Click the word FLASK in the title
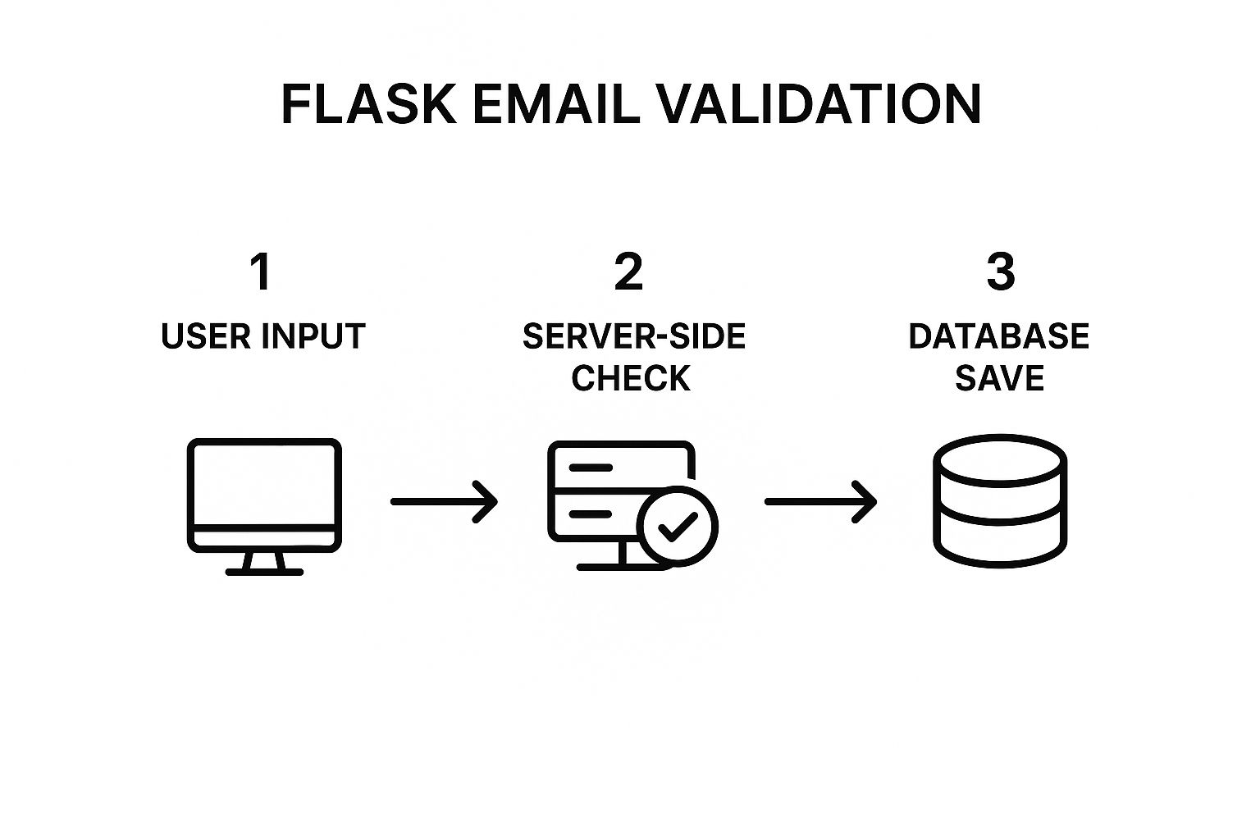pyautogui.click(x=368, y=104)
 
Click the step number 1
pyautogui.click(x=261, y=272)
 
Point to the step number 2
pyautogui.click(x=629, y=272)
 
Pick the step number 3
pyautogui.click(x=1000, y=272)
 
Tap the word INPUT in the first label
pyautogui.click(x=313, y=337)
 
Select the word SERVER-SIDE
pyautogui.click(x=633, y=337)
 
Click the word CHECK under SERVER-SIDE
pyautogui.click(x=631, y=379)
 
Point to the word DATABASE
pyautogui.click(x=998, y=337)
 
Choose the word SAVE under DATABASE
pyautogui.click(x=999, y=379)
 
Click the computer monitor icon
pyautogui.click(x=264, y=492)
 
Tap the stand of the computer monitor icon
pyautogui.click(x=264, y=564)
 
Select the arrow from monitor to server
pyautogui.click(x=444, y=501)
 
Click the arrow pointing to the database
pyautogui.click(x=820, y=501)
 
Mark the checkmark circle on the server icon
pyautogui.click(x=678, y=526)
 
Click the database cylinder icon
pyautogui.click(x=1000, y=502)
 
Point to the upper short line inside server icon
pyautogui.click(x=591, y=468)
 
